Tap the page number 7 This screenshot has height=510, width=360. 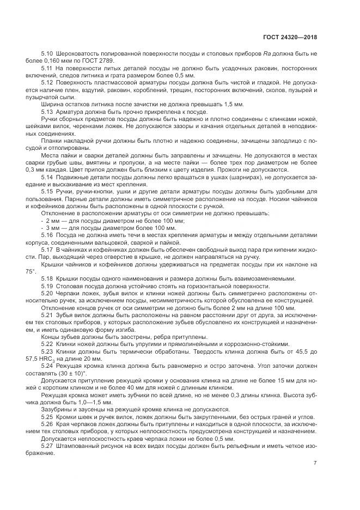click(x=315, y=463)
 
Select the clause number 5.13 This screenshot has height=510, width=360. click(x=47, y=112)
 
